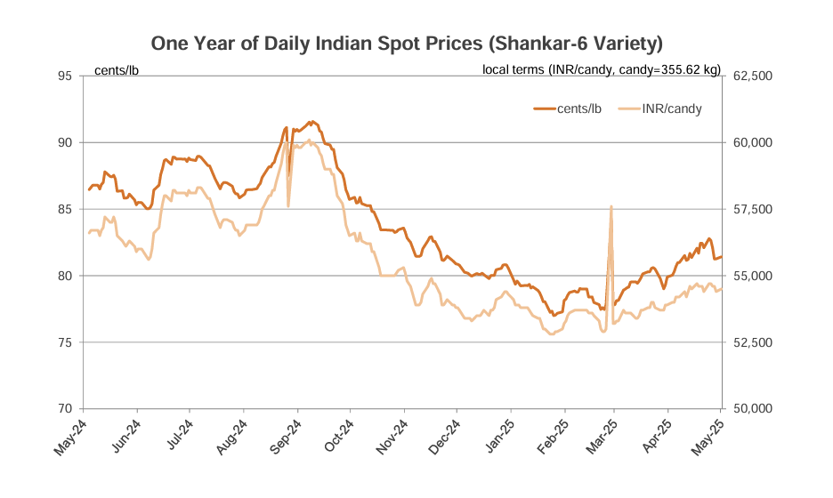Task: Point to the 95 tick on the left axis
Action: click(65, 76)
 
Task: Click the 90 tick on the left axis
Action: click(65, 142)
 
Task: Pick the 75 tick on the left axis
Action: click(65, 342)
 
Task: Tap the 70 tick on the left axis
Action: click(65, 409)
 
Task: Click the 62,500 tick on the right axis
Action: click(752, 76)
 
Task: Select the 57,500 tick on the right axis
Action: click(752, 209)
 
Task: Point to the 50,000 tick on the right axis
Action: click(752, 409)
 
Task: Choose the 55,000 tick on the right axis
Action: click(752, 276)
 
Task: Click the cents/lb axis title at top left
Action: click(117, 69)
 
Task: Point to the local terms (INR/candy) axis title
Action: click(602, 69)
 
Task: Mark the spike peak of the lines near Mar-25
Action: click(611, 206)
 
